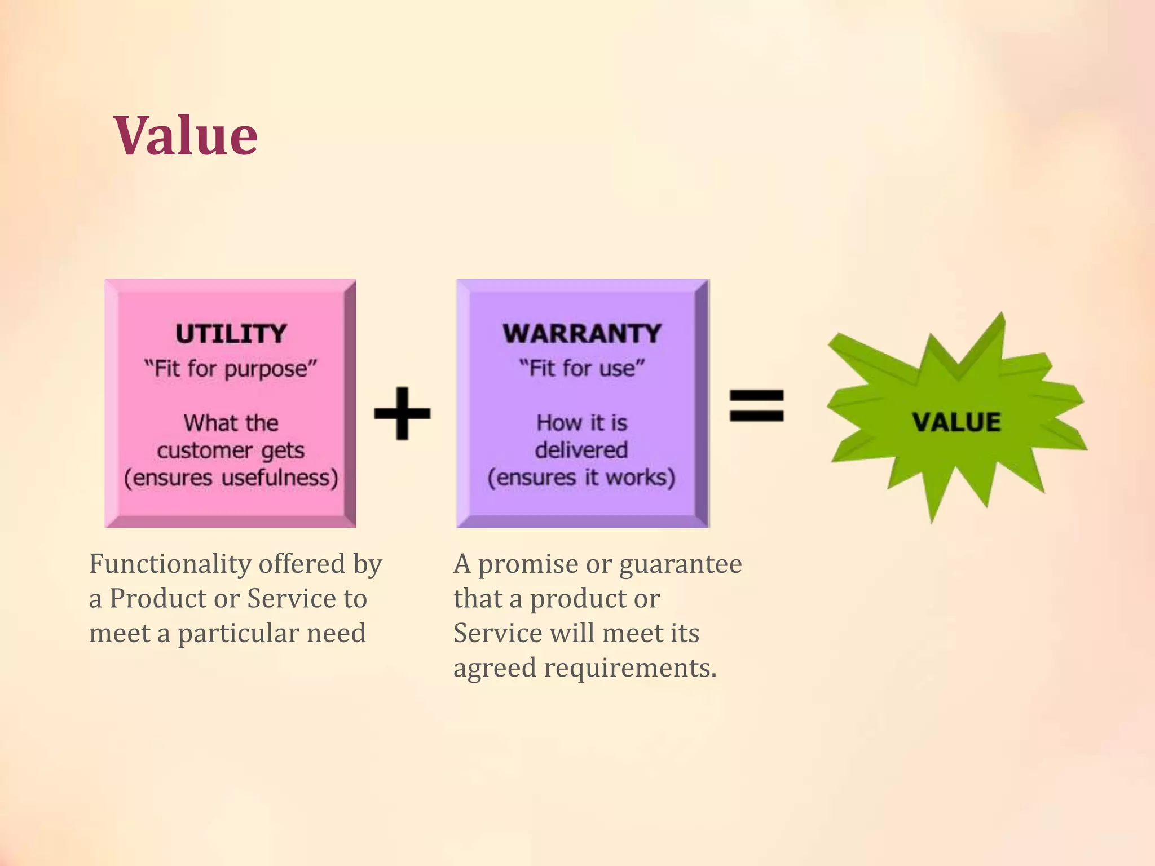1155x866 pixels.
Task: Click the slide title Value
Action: [186, 136]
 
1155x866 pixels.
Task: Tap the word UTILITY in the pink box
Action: [231, 334]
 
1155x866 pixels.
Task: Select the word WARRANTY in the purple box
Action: [582, 334]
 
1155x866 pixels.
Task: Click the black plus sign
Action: [402, 413]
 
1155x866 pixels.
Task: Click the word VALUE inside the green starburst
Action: [956, 422]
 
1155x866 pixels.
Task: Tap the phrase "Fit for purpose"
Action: [231, 369]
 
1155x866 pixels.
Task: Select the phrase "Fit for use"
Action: [582, 369]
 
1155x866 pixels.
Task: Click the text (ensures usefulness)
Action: [231, 478]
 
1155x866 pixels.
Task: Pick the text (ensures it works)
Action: [581, 478]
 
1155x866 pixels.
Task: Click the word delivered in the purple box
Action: [581, 450]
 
